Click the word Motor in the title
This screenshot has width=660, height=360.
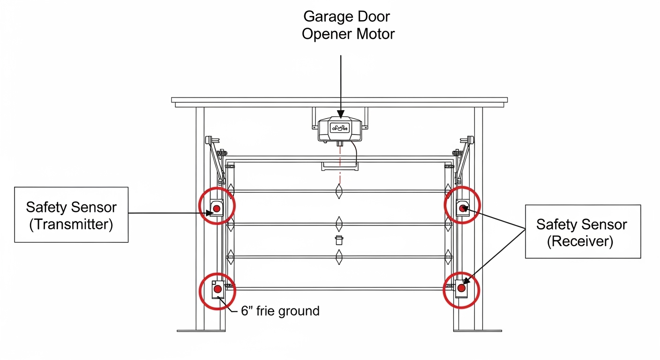375,34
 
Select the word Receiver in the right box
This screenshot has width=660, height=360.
580,241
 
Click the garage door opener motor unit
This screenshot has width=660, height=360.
340,130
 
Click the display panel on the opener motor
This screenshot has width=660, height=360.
340,128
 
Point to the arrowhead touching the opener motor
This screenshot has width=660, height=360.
341,114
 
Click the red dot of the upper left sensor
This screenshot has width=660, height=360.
217,209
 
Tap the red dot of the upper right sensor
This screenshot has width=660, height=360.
462,209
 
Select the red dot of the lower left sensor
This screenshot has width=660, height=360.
217,289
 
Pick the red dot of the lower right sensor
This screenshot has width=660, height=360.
461,288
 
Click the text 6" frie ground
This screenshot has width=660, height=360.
280,311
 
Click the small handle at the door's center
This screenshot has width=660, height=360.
339,240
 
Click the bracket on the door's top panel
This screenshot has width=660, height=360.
340,166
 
